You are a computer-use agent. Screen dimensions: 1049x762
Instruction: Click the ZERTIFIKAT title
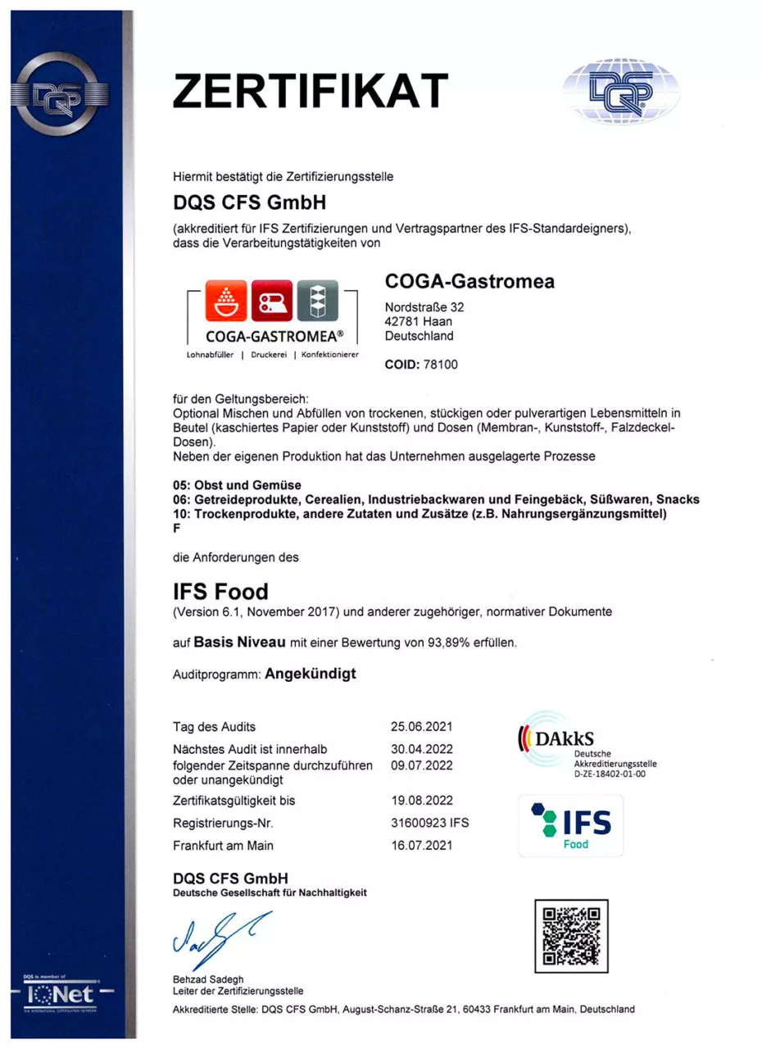click(x=311, y=90)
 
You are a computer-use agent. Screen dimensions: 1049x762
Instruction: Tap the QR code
click(x=571, y=935)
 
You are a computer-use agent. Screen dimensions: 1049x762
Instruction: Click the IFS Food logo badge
click(x=571, y=825)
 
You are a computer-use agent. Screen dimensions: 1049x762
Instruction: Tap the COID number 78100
click(x=440, y=365)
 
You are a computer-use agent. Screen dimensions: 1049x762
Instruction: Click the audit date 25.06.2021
click(x=422, y=726)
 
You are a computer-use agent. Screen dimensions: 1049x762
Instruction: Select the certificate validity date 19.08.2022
click(x=422, y=800)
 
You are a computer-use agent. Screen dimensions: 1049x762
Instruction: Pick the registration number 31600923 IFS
click(x=430, y=822)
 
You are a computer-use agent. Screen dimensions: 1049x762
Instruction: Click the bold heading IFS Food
click(x=220, y=590)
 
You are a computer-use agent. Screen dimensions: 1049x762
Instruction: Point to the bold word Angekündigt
click(x=311, y=674)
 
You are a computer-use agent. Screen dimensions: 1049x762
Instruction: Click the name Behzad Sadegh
click(x=208, y=979)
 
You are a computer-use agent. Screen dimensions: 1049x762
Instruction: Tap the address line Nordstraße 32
click(x=424, y=307)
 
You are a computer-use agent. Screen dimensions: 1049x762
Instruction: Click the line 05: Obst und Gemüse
click(x=237, y=485)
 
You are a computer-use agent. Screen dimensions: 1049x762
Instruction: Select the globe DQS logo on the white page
click(x=621, y=92)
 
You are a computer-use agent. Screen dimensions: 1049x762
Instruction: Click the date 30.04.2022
click(x=422, y=748)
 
